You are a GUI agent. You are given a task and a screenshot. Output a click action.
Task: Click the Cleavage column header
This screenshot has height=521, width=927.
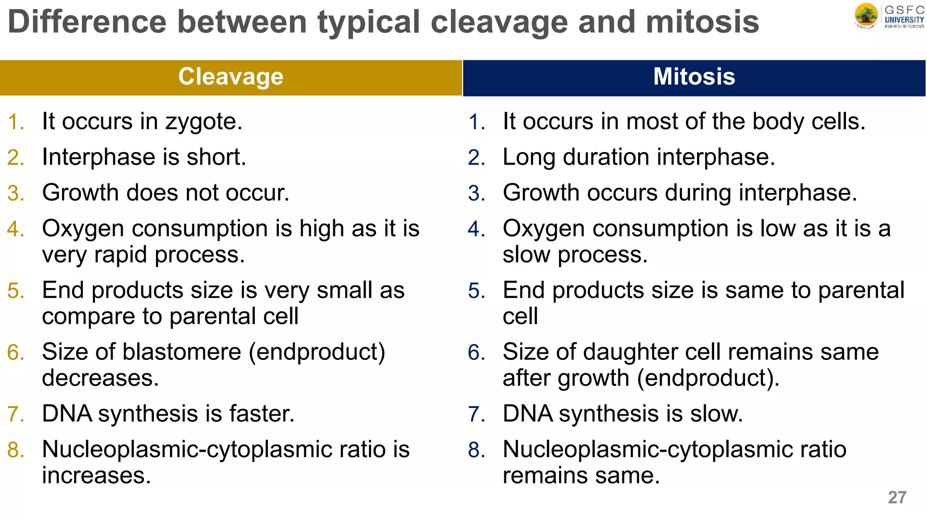[231, 77]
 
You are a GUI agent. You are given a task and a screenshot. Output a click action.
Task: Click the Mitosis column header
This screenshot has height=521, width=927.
[694, 77]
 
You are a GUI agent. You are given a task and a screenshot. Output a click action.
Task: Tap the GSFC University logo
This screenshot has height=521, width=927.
[889, 16]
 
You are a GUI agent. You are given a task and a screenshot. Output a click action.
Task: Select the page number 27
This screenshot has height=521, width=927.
[897, 497]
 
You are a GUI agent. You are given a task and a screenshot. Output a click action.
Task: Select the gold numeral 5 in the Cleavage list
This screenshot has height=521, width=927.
[15, 291]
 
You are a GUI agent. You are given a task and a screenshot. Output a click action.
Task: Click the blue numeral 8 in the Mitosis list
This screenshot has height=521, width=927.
[477, 450]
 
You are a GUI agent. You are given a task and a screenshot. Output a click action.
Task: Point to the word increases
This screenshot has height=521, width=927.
[96, 476]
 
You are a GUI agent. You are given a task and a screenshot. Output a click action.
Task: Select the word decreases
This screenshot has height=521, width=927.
[100, 378]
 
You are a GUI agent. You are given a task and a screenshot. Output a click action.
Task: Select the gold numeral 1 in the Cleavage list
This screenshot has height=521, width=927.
[15, 122]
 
